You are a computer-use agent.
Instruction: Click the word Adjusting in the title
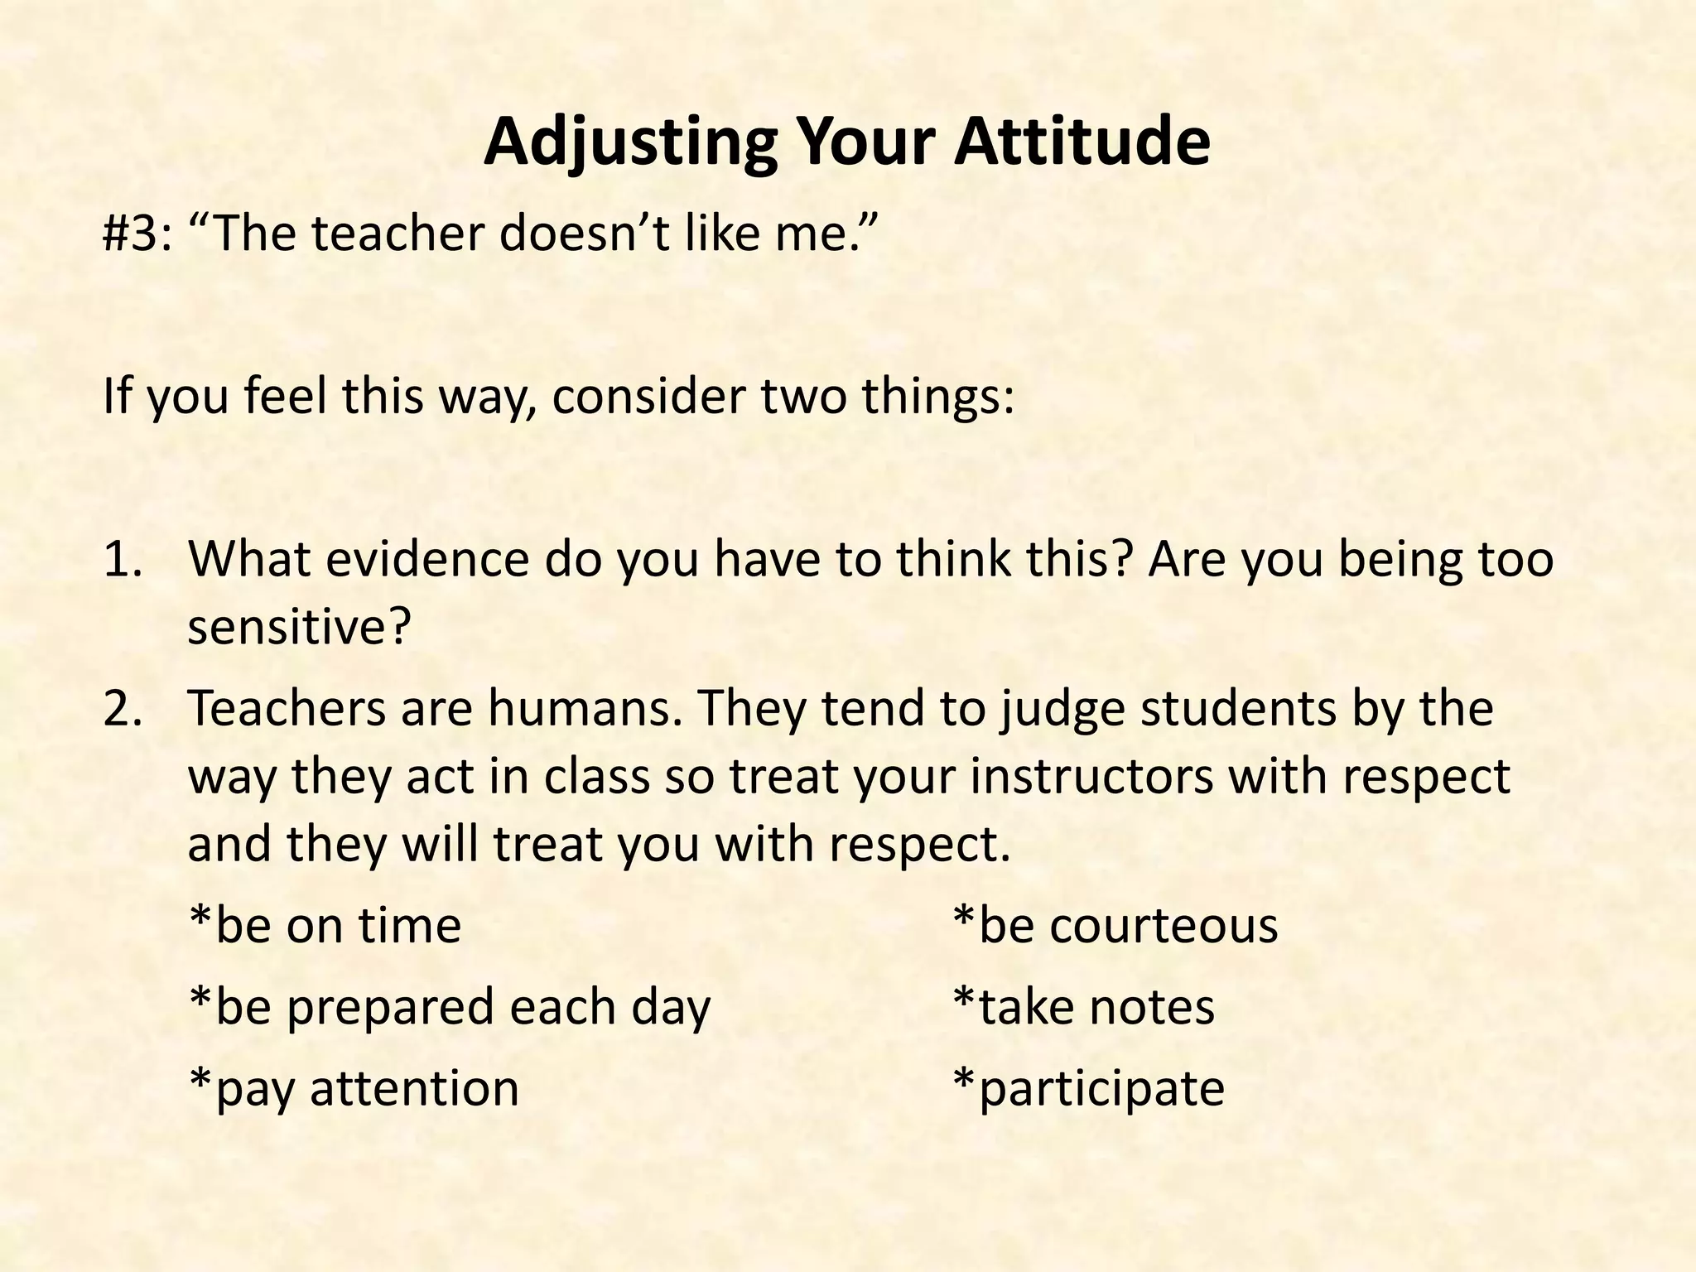coord(629,142)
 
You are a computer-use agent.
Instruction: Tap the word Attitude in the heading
coord(1082,142)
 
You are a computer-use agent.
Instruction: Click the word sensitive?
coord(299,627)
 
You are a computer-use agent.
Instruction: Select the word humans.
coord(585,709)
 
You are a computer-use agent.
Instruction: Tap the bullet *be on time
coord(325,925)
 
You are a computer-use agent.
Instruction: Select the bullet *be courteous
coord(1115,925)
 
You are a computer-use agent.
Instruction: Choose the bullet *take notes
coord(1083,1007)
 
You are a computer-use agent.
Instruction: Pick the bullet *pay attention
coord(354,1088)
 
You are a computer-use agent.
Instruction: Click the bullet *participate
coord(1088,1088)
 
